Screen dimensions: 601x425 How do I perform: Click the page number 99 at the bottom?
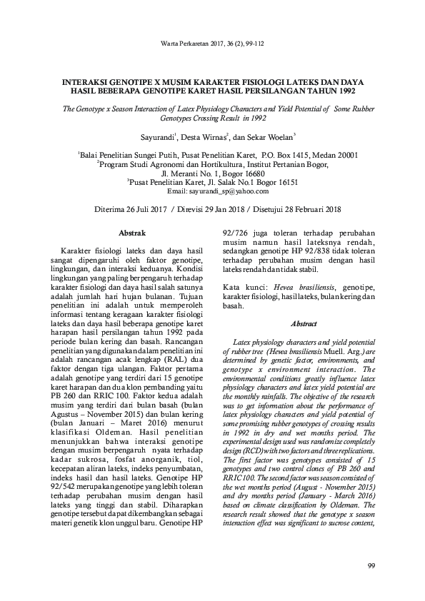(x=371, y=566)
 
